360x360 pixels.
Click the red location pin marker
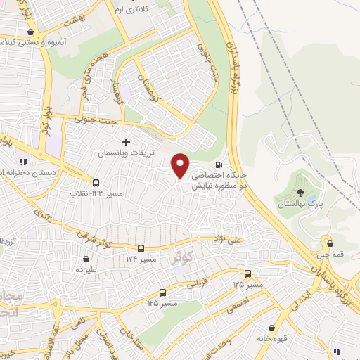pyautogui.click(x=181, y=165)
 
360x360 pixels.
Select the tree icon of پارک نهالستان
pyautogui.click(x=300, y=192)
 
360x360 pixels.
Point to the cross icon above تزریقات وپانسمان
pyautogui.click(x=126, y=142)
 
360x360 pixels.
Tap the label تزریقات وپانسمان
pyautogui.click(x=125, y=153)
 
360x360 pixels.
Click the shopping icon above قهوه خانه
pyautogui.click(x=271, y=328)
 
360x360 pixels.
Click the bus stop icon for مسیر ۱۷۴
pyautogui.click(x=141, y=249)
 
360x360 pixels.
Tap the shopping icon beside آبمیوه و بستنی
pyautogui.click(x=30, y=32)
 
